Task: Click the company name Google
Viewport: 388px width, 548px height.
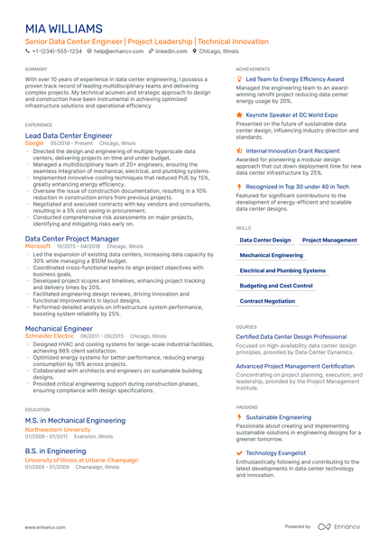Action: click(x=34, y=142)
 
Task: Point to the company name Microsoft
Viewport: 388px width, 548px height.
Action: click(x=38, y=245)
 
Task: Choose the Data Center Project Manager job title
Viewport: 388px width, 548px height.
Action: click(x=78, y=238)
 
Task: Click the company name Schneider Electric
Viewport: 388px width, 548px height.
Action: click(x=50, y=335)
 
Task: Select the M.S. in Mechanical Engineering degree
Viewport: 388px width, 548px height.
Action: click(x=75, y=420)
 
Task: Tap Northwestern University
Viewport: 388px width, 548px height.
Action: click(x=58, y=429)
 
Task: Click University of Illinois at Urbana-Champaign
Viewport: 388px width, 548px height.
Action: click(x=81, y=459)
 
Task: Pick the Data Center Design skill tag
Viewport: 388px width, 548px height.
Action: click(x=265, y=241)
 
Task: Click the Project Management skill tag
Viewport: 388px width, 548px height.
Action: click(x=329, y=241)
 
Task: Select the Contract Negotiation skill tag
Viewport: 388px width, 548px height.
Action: click(x=267, y=301)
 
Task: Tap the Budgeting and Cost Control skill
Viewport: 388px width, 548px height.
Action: click(x=276, y=286)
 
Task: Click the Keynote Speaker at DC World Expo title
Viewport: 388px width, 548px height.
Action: click(x=291, y=115)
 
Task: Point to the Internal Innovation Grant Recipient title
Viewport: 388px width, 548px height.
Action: click(x=292, y=151)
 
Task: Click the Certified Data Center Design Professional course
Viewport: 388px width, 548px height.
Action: click(x=291, y=336)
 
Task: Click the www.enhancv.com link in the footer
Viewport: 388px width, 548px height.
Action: click(x=44, y=526)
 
